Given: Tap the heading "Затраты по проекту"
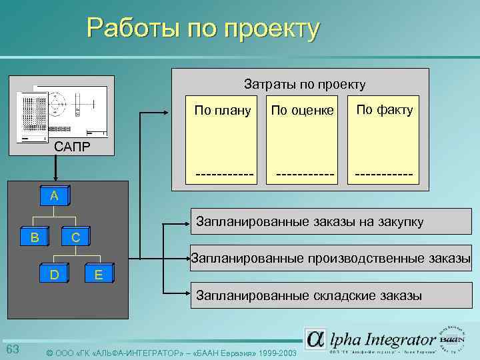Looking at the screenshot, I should tap(305, 84).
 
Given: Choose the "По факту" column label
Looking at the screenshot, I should tap(384, 109).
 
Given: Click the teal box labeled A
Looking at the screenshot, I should tap(54, 196).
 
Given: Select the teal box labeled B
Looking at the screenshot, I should tap(35, 236).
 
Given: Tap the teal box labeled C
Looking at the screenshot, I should tap(75, 237).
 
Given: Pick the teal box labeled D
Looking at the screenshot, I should tap(55, 273).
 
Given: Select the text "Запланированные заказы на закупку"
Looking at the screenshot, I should tap(308, 222).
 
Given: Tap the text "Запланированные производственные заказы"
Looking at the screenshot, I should tap(331, 258).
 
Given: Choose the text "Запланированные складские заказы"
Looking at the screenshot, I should tap(307, 295).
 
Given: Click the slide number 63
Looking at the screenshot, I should tap(13, 349).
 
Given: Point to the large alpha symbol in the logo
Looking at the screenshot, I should tap(316, 339).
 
